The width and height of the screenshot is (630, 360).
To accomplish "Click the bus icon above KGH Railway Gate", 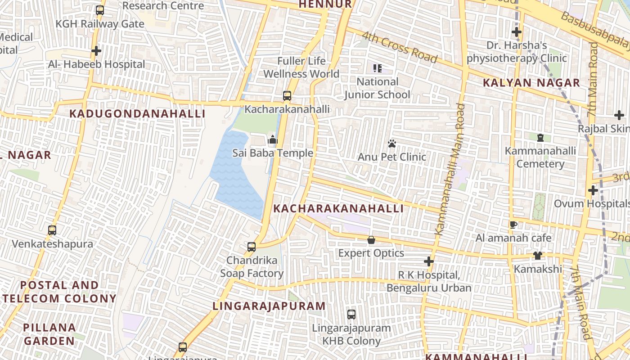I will click(x=100, y=10).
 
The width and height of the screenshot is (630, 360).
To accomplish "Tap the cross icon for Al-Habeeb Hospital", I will click(x=96, y=51).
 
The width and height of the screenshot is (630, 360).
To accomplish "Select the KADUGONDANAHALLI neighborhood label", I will click(x=137, y=113).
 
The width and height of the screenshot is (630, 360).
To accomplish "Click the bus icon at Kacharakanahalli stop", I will click(x=287, y=95).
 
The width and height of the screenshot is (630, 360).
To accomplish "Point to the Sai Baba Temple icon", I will click(x=272, y=140).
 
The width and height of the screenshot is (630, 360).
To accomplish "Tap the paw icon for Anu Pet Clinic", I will click(x=392, y=144).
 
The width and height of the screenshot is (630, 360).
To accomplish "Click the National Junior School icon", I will click(x=377, y=68).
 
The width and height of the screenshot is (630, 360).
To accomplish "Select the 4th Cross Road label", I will click(x=399, y=47).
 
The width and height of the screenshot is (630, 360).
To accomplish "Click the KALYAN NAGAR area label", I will click(x=531, y=83).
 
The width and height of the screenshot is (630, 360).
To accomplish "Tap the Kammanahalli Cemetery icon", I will click(x=540, y=137).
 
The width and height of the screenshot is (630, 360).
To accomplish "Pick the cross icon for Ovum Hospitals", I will click(x=593, y=190).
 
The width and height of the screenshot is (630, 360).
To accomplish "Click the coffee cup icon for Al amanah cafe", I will click(x=513, y=225).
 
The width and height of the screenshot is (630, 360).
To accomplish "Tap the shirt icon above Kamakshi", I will click(x=537, y=256).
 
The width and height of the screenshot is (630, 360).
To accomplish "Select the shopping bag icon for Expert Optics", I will click(x=371, y=240).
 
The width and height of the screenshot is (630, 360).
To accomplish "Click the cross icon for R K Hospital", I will click(x=429, y=261).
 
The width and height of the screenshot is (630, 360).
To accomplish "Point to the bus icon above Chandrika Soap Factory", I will click(x=252, y=247).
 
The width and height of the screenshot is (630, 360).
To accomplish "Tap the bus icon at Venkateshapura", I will click(x=52, y=230).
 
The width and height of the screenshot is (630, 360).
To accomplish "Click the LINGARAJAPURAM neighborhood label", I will click(x=269, y=306).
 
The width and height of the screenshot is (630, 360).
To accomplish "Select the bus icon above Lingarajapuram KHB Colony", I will click(x=351, y=315).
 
